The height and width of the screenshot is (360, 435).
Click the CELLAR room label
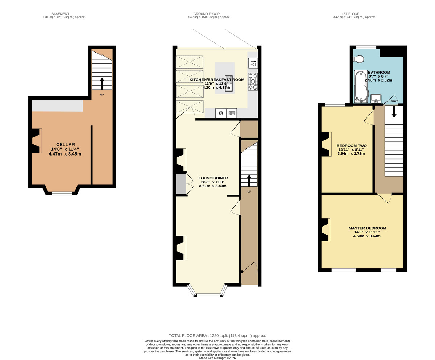[x=65, y=144]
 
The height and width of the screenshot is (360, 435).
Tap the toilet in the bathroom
[x=359, y=59]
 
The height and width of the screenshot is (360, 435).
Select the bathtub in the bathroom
[x=361, y=86]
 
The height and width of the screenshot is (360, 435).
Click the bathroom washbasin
[x=376, y=98]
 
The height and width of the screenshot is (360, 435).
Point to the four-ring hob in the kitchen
[x=253, y=82]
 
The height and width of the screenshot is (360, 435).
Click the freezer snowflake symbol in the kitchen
[x=221, y=113]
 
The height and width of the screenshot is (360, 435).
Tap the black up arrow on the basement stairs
[x=102, y=83]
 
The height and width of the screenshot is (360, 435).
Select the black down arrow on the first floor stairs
[x=394, y=112]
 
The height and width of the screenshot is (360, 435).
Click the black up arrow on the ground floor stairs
[x=249, y=181]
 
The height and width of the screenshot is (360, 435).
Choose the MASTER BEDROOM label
[x=367, y=228]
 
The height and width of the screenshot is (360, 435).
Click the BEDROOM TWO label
[x=352, y=146]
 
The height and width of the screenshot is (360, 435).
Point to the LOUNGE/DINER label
[x=213, y=178]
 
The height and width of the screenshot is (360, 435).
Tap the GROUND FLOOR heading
[x=207, y=14]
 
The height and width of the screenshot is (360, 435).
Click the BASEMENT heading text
[x=61, y=14]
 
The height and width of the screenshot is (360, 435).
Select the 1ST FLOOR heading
[x=351, y=14]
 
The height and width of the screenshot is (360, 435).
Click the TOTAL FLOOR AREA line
[x=217, y=336]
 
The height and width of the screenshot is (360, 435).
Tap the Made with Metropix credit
[x=217, y=358]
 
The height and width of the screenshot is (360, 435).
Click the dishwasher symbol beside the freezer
[x=232, y=113]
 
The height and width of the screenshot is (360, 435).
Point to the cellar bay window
[x=62, y=194]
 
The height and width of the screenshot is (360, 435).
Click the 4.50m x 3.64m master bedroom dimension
[x=367, y=236]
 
